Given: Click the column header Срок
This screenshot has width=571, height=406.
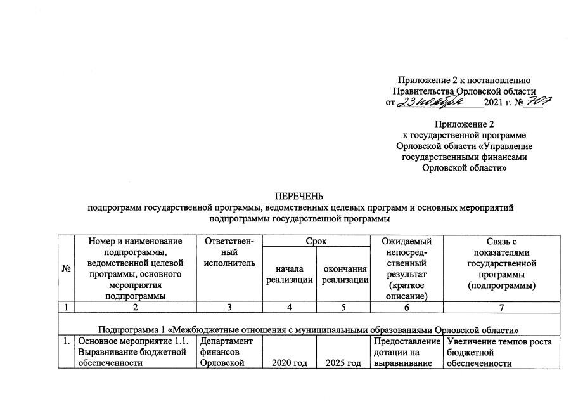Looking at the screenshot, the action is point(317,241).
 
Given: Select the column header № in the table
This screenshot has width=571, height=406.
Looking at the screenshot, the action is point(66,268).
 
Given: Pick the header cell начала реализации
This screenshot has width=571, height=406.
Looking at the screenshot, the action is point(289,275).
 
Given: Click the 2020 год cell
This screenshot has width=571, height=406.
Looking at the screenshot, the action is point(289,363).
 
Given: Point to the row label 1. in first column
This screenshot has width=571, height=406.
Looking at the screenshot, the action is point(66,341).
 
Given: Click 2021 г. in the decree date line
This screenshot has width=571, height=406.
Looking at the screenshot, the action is point(498,103).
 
